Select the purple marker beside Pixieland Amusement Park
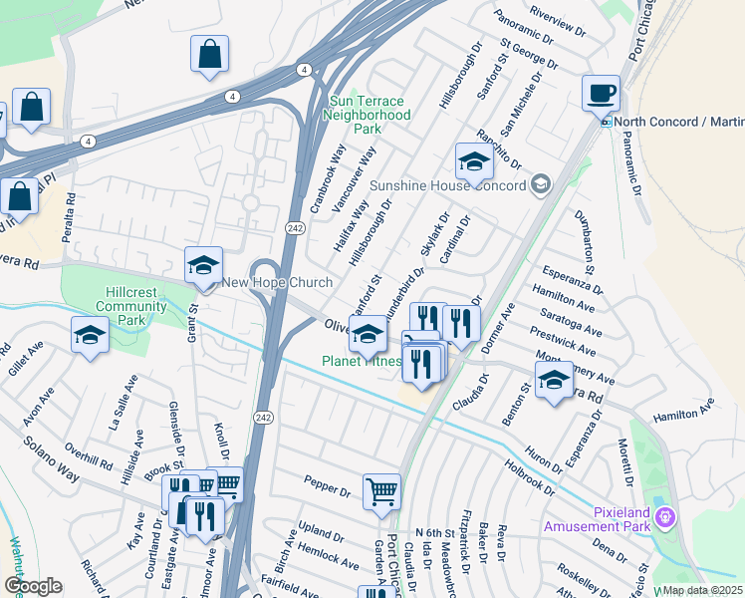click(667, 517)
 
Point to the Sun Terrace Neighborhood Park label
click(368, 115)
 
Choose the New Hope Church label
click(262, 282)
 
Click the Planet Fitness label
click(360, 361)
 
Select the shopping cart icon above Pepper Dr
click(380, 492)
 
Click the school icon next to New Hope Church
click(203, 266)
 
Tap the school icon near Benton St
click(554, 380)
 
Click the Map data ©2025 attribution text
click(701, 590)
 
